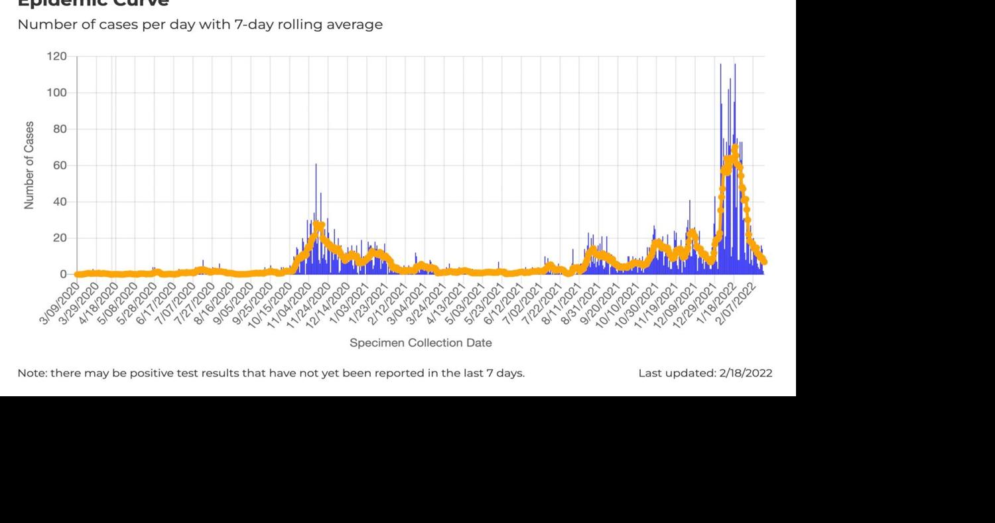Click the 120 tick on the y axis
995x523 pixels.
point(56,57)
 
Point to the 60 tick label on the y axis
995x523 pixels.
point(59,165)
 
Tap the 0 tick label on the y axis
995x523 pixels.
point(63,274)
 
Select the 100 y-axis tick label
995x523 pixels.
point(56,93)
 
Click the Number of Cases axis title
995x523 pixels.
point(29,165)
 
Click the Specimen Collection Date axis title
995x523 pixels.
point(421,343)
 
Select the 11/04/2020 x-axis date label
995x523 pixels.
point(291,303)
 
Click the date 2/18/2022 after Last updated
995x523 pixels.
point(746,373)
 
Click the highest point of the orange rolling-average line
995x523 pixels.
point(734,148)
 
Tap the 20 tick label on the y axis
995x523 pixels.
point(59,238)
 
